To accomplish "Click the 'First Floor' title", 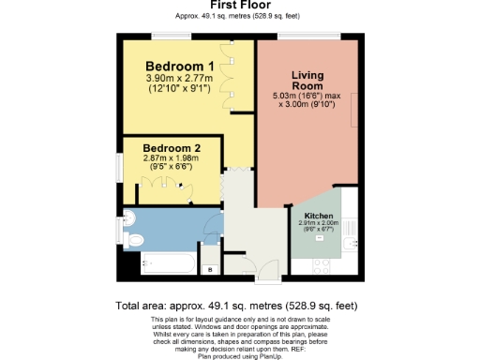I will click(x=240, y=5).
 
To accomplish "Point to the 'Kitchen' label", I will click(x=318, y=216).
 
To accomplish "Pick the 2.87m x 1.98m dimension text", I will click(x=170, y=160).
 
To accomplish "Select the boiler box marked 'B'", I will click(x=209, y=270).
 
